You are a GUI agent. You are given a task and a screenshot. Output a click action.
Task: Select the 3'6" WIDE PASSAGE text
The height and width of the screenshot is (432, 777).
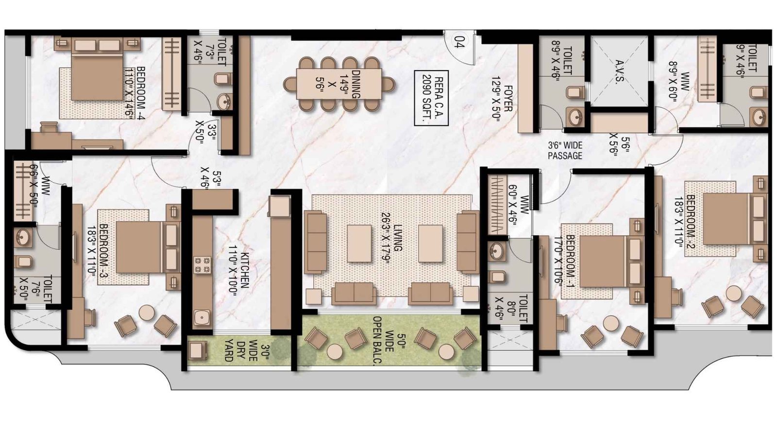565,151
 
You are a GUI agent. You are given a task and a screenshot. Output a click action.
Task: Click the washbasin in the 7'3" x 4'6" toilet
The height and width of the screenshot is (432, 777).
224,102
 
